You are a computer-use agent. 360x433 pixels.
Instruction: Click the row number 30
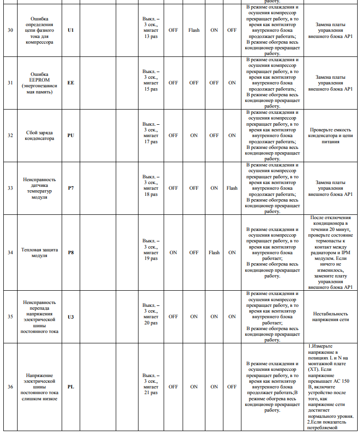[x=10, y=30]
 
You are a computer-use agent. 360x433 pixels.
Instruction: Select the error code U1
[x=71, y=30]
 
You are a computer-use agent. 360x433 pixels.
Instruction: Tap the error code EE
[x=71, y=83]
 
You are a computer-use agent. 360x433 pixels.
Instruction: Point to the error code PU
[x=71, y=135]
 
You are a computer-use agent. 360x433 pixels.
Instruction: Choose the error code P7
[x=71, y=188]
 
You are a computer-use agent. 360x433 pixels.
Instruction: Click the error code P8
[x=71, y=252]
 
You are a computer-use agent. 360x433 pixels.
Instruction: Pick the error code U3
[x=71, y=316]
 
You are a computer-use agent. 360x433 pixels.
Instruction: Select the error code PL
[x=71, y=387]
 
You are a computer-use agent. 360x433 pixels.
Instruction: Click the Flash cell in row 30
[x=194, y=30]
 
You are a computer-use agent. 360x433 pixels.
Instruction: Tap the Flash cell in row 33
[x=232, y=188]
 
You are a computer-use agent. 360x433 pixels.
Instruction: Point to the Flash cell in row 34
[x=214, y=252]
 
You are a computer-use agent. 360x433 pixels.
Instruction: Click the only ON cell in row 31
[x=232, y=83]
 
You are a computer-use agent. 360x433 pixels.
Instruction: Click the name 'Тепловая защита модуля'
[x=39, y=252]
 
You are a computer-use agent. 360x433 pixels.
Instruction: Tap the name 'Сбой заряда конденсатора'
[x=39, y=135]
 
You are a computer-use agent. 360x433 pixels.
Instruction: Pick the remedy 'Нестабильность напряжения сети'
[x=331, y=316]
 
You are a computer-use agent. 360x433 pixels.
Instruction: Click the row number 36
[x=10, y=387]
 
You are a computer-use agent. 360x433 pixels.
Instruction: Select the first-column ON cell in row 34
[x=173, y=252]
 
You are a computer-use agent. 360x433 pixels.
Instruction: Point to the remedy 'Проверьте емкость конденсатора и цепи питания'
[x=331, y=135]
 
